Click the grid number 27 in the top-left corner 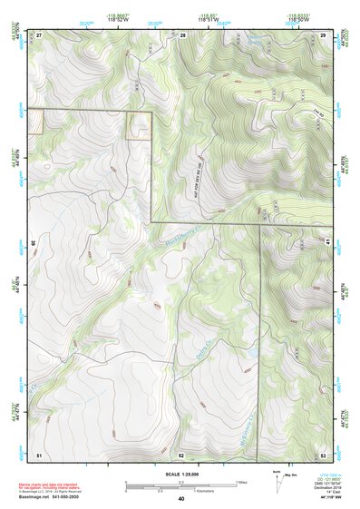click(x=40, y=34)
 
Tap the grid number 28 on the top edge click(x=182, y=34)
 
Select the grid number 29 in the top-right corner click(x=323, y=34)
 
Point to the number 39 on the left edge click(x=35, y=242)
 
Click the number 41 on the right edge click(x=326, y=242)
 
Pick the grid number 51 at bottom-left click(x=39, y=453)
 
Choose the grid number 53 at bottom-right click(x=324, y=453)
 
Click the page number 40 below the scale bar click(x=181, y=498)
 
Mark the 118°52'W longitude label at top click(x=115, y=20)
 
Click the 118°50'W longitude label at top click(x=298, y=20)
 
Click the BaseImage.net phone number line click(x=54, y=498)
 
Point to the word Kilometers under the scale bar click(x=195, y=491)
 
